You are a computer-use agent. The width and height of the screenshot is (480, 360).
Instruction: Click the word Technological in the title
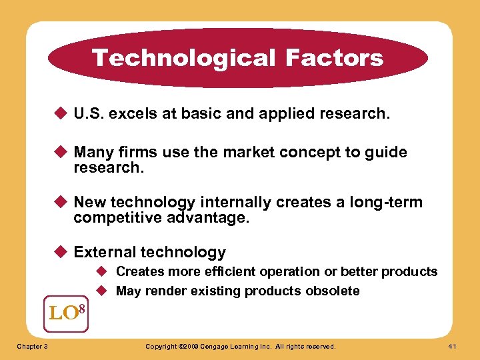click(x=184, y=58)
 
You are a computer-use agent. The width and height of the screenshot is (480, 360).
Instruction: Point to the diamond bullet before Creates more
click(x=105, y=272)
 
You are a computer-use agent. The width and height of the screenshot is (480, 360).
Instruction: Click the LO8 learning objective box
click(x=65, y=311)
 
